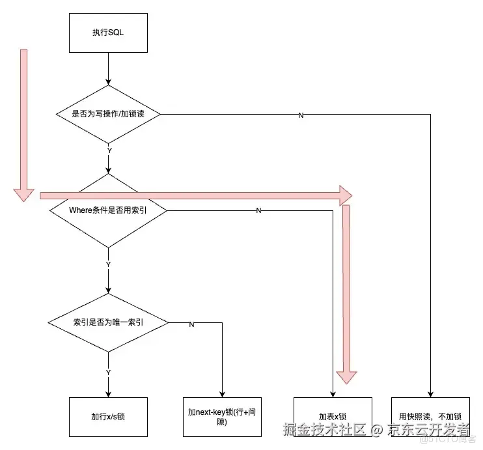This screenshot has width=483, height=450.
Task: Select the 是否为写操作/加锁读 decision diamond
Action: (108, 114)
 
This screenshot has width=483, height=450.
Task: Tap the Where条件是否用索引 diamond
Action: (108, 210)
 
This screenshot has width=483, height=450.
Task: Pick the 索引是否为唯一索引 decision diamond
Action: (108, 322)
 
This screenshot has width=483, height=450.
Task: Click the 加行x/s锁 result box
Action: (108, 417)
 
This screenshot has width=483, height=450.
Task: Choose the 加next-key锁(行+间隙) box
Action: (222, 417)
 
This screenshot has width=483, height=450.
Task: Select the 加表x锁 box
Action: (333, 417)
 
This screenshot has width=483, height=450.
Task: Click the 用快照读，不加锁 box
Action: (430, 417)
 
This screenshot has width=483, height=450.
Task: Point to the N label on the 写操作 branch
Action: (301, 115)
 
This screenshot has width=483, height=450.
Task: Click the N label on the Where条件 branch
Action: (258, 211)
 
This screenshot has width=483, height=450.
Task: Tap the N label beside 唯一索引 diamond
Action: (191, 324)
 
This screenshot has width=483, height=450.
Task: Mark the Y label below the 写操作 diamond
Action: (109, 150)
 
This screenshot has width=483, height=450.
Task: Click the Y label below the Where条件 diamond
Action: (108, 264)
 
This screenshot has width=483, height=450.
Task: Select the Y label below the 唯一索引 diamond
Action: (108, 372)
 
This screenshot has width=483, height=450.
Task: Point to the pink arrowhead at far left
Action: (24, 192)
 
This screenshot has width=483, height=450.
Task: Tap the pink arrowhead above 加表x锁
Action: (346, 376)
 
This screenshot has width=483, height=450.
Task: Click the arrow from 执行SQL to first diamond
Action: (108, 68)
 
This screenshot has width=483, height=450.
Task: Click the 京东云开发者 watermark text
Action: (429, 430)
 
